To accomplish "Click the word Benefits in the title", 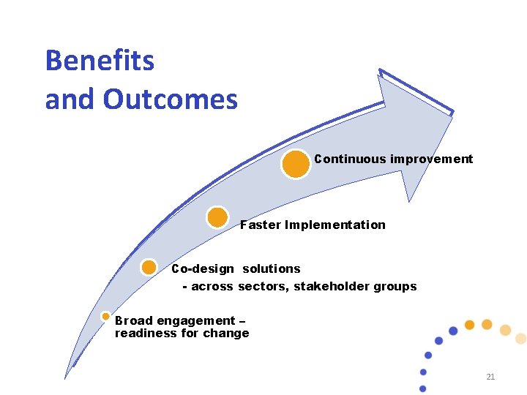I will click(x=100, y=61).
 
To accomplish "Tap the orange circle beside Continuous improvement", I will click(x=296, y=164).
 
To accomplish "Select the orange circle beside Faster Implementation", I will click(x=217, y=217).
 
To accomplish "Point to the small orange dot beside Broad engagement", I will click(x=105, y=317).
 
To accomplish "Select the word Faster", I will click(x=261, y=225).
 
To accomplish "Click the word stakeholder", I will click(x=329, y=287).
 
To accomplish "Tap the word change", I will click(x=230, y=334).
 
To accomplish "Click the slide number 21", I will click(x=490, y=377).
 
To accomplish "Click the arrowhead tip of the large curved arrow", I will click(x=452, y=113).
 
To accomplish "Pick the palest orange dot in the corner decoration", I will click(x=520, y=338).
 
